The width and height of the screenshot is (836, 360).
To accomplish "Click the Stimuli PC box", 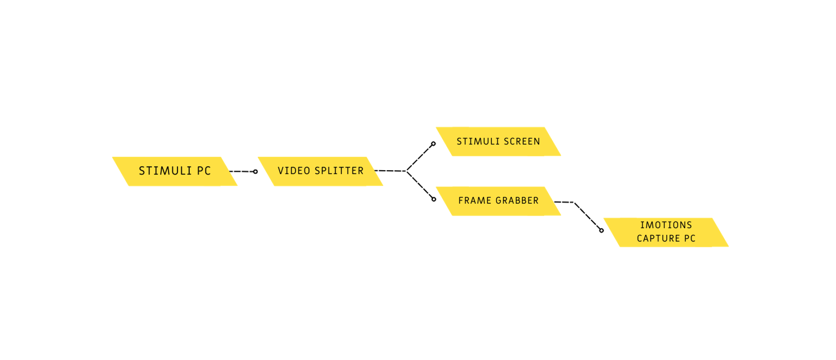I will (175, 171).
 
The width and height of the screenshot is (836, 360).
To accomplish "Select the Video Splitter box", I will (320, 171).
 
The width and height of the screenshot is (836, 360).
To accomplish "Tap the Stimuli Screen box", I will (498, 141).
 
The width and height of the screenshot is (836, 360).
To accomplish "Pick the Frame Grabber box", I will (498, 201).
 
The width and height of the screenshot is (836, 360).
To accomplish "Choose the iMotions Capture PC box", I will (666, 232).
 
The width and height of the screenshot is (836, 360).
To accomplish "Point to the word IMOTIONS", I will (666, 225).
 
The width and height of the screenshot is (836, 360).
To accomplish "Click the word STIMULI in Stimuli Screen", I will (477, 141).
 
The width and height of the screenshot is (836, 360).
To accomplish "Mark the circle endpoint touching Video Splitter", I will (255, 172).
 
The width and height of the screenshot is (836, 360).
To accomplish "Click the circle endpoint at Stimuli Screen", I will (433, 144).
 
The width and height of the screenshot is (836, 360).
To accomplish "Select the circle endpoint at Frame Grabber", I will (434, 199).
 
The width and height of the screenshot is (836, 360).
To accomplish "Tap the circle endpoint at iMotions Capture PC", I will (602, 230).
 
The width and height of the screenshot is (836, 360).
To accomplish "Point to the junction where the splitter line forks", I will (407, 171).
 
